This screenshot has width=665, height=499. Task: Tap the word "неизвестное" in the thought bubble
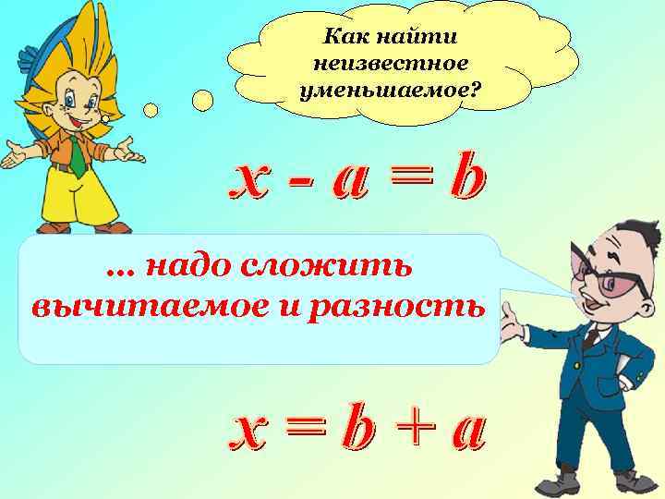391,65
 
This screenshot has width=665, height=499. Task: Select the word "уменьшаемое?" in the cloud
391,91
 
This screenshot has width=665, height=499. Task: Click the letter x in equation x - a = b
253,182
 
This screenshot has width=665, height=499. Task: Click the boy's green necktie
79,158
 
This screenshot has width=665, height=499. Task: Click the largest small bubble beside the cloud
202,100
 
